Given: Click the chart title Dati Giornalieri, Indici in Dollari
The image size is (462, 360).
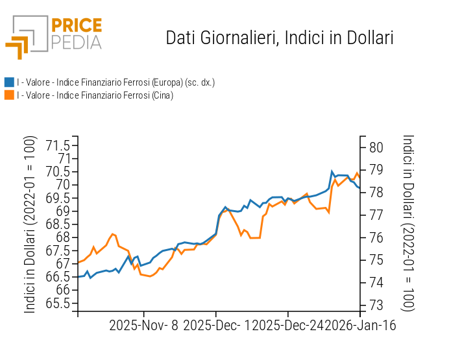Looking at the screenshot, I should tap(280, 38).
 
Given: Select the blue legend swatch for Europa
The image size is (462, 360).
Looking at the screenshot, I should tap(9, 82).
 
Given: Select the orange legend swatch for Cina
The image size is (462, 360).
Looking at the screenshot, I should tap(9, 95).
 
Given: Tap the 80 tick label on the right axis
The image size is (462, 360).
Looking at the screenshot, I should tap(376, 147).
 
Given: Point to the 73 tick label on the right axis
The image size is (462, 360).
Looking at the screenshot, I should tap(376, 305).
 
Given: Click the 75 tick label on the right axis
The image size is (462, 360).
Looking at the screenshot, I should tap(376, 260).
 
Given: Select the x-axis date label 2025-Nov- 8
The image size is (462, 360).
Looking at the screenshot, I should tap(144, 325).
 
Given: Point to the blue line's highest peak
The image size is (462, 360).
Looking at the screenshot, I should tap(332, 171).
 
